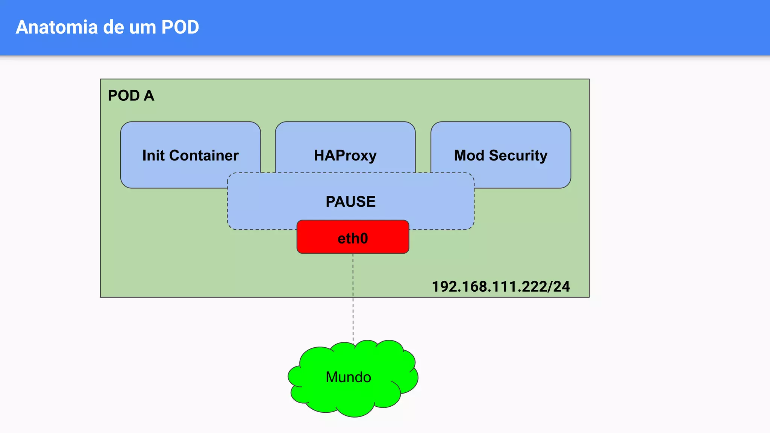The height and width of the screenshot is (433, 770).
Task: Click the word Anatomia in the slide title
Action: (x=56, y=27)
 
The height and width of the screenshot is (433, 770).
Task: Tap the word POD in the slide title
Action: (x=180, y=27)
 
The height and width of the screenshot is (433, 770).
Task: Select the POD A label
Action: (x=131, y=95)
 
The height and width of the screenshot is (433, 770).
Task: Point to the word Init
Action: (x=153, y=155)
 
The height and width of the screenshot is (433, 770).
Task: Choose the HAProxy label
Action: (x=345, y=155)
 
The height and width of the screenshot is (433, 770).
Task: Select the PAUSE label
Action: (x=350, y=201)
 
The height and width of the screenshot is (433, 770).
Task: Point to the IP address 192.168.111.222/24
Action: (x=500, y=286)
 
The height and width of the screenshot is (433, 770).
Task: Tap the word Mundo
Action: (x=348, y=377)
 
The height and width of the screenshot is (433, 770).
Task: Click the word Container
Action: (x=204, y=155)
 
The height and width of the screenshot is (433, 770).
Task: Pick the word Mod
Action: (x=469, y=155)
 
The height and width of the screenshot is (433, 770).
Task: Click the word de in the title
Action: (x=113, y=27)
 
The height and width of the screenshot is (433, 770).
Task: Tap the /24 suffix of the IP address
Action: (x=559, y=286)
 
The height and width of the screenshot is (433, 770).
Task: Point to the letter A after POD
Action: (x=149, y=95)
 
